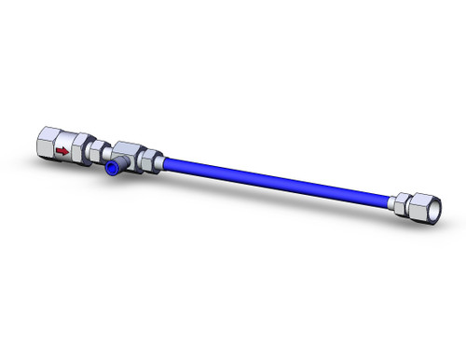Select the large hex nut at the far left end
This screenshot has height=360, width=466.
point(48,145)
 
